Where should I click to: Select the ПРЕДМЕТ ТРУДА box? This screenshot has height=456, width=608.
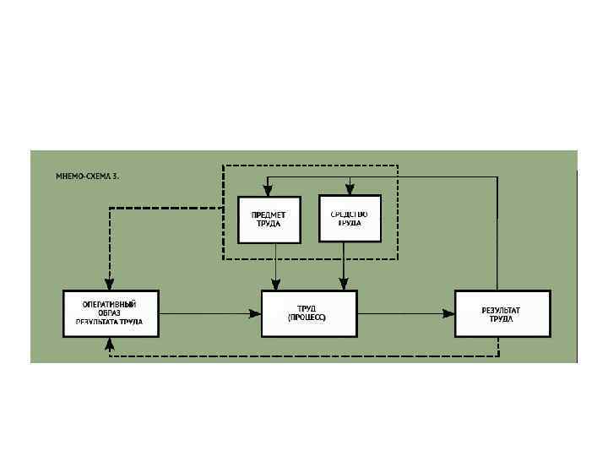(269, 220)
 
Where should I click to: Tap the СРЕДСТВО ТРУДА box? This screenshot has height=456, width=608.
(350, 219)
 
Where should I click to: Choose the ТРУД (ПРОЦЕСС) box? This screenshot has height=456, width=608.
(309, 313)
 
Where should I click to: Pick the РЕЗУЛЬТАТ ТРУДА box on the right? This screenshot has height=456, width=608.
(502, 314)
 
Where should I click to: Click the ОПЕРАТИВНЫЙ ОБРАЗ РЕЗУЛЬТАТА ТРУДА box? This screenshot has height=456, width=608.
(111, 313)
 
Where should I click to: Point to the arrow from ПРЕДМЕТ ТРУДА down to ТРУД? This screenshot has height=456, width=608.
(275, 266)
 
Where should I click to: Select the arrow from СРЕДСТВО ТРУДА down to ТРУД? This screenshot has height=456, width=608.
(344, 266)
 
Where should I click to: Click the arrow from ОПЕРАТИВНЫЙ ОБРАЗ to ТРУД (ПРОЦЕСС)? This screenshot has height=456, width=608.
(207, 314)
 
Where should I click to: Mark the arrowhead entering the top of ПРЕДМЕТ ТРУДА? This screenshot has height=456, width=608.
(267, 191)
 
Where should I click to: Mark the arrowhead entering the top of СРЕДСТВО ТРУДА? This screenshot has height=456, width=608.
(348, 190)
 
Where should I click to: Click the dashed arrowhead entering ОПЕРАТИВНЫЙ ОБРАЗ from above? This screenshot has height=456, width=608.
(109, 285)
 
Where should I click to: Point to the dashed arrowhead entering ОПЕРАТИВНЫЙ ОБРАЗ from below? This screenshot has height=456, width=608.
(109, 341)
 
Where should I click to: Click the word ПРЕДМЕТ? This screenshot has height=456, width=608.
(269, 214)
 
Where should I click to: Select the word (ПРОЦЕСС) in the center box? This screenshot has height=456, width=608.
(309, 318)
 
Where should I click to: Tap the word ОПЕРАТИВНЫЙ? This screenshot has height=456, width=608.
(110, 303)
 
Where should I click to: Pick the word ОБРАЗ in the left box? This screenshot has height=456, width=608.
(110, 312)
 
